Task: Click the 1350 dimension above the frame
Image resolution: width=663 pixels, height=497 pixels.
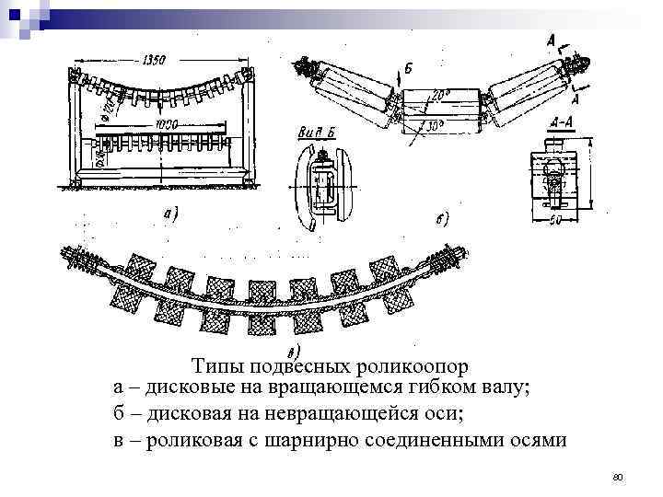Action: pyautogui.click(x=155, y=60)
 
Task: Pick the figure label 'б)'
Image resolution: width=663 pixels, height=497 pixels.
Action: pyautogui.click(x=441, y=219)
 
